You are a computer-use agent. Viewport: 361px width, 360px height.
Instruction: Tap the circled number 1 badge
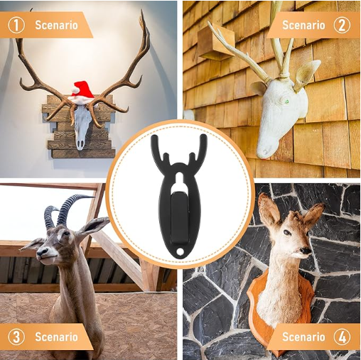[x=16, y=26]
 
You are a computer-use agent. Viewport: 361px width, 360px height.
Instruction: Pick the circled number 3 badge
[x=16, y=336]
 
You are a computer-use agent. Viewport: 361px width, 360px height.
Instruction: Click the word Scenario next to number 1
[x=57, y=26]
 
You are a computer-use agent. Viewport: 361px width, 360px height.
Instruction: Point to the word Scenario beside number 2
[x=303, y=26]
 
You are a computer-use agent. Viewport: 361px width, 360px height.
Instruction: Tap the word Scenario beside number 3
[x=57, y=336]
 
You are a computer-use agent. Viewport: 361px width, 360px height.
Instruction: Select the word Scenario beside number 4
[x=303, y=336]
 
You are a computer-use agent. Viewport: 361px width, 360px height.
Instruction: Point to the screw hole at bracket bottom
[x=180, y=249]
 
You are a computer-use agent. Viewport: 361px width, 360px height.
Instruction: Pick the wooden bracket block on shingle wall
[x=215, y=43]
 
